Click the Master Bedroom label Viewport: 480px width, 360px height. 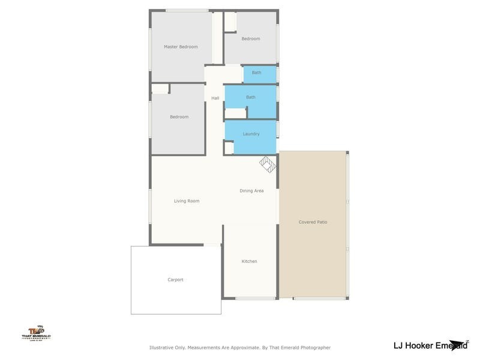click(x=181, y=47)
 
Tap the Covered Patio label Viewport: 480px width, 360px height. click(x=313, y=222)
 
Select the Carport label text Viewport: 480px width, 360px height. click(x=175, y=280)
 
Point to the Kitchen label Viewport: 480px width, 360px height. click(x=249, y=262)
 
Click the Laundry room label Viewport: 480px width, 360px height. click(x=251, y=134)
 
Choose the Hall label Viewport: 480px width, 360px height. click(x=215, y=98)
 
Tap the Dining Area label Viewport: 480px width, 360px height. click(x=251, y=191)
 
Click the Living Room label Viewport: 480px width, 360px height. click(x=187, y=201)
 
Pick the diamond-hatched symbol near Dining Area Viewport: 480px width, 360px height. click(x=267, y=163)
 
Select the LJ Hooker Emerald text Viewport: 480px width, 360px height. click(x=427, y=345)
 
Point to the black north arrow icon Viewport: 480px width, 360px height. click(x=460, y=344)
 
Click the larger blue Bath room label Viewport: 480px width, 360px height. click(x=251, y=97)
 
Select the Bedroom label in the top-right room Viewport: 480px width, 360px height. click(x=251, y=39)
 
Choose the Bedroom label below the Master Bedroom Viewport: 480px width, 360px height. click(x=179, y=117)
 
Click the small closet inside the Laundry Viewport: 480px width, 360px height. click(x=229, y=148)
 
